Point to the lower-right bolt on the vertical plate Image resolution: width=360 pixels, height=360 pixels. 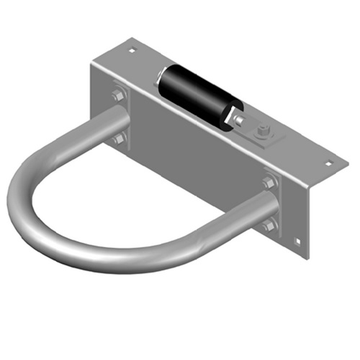tap(269, 225)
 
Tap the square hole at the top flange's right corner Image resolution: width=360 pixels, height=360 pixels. tap(330, 162)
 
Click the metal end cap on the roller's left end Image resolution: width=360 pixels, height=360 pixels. tap(163, 72)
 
